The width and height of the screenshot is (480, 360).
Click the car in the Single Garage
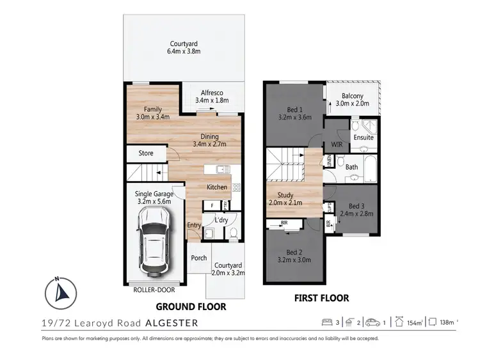coord(153,241)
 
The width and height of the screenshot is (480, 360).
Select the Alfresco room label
coord(211,95)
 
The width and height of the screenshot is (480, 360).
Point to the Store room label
coord(146,153)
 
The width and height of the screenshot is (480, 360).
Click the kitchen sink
coord(220,170)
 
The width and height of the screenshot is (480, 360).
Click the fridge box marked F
coord(212,205)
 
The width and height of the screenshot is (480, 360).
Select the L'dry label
coord(221,220)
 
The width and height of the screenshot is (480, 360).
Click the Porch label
coord(199,258)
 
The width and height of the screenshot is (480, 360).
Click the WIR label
coord(335,145)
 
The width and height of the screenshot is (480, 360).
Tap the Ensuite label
coord(363,137)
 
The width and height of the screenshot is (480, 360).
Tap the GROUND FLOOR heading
coord(191,306)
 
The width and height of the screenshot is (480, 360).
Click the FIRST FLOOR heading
coord(321,298)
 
